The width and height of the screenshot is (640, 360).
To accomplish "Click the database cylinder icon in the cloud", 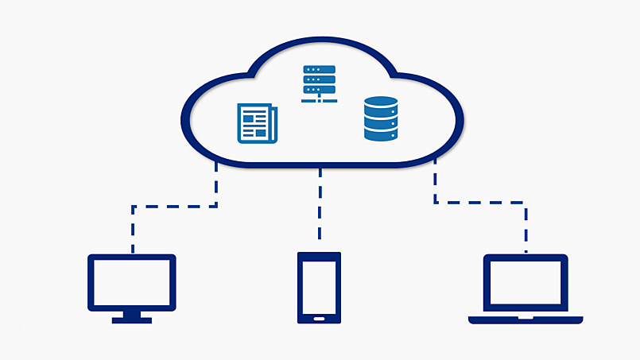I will (x=380, y=119).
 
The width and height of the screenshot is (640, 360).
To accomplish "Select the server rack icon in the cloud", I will (x=319, y=83).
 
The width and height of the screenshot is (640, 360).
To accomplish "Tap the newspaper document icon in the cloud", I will (x=257, y=124).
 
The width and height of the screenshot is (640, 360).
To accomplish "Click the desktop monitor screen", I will (x=131, y=282).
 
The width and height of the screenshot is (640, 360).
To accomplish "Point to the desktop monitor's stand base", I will (x=131, y=319).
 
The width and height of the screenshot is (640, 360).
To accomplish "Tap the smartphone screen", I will (x=319, y=285).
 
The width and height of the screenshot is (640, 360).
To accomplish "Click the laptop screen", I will (x=526, y=284).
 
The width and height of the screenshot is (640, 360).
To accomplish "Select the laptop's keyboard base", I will (x=526, y=319).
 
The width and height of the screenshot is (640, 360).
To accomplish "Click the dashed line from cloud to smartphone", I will (x=320, y=203).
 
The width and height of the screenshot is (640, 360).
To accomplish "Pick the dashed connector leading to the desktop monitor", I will (x=175, y=207).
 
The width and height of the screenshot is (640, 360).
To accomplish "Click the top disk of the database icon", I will (x=380, y=102).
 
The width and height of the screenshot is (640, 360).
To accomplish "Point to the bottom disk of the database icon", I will (x=380, y=134).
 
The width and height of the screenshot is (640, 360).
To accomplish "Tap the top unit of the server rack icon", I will (x=319, y=70).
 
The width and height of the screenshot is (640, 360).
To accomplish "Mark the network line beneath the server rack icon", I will (x=319, y=100).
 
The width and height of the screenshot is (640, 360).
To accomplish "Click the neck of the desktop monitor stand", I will (x=131, y=313).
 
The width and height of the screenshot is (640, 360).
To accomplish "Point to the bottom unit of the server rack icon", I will (x=319, y=91).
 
